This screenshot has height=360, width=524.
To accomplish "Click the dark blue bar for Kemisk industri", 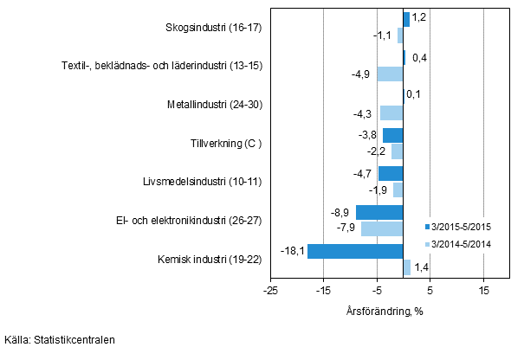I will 355,252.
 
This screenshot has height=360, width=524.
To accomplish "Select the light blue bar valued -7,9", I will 382,228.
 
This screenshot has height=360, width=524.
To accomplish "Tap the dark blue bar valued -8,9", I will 379,213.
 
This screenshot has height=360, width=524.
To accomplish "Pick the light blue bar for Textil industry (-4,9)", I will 390,74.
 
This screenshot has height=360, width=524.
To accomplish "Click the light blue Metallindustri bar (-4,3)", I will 391,112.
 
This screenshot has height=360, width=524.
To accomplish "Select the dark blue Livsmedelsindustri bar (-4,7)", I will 391,173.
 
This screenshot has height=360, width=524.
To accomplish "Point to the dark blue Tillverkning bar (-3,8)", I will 393,135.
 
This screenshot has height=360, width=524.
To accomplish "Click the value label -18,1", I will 292,252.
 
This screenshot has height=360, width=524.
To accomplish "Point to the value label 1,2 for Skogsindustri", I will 419,16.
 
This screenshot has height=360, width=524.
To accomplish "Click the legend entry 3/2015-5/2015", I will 461,227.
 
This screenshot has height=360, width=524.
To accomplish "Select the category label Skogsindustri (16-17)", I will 213,27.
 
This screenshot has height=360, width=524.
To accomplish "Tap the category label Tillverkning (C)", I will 226,143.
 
